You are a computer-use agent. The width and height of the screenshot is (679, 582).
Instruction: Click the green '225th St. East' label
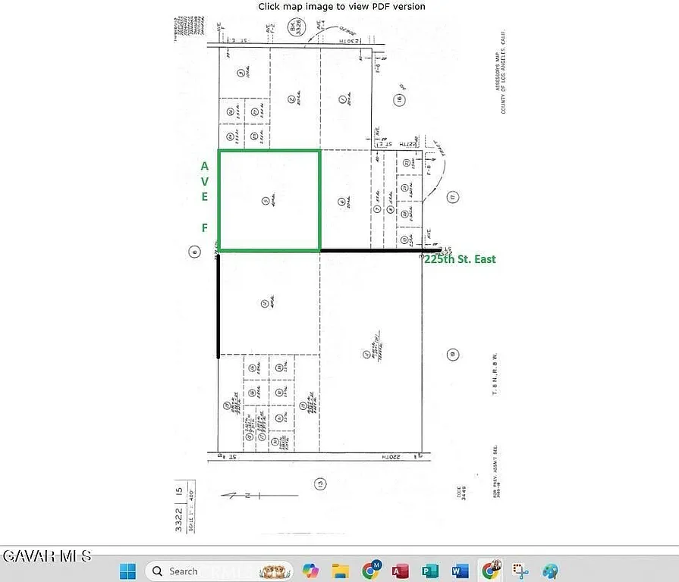tap(460, 259)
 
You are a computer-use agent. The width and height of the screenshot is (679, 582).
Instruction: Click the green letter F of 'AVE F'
tap(204, 227)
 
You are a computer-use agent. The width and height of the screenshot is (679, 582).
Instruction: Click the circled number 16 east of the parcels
tap(398, 99)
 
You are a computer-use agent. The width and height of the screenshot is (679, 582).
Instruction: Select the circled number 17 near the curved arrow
tap(453, 198)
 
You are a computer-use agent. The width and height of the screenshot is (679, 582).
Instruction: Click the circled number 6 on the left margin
tap(195, 253)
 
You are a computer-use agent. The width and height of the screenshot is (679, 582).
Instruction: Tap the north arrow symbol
tap(241, 495)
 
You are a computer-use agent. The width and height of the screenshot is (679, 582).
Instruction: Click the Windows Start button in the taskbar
tap(127, 570)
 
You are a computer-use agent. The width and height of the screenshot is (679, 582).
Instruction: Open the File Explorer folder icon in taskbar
tap(341, 571)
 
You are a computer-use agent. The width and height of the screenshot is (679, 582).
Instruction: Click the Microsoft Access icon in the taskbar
tap(401, 571)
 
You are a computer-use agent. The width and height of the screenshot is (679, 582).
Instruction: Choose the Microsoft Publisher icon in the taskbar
tap(430, 571)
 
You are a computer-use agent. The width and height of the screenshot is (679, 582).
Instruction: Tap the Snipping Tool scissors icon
tap(520, 571)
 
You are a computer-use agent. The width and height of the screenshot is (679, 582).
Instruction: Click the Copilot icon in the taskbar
tap(311, 571)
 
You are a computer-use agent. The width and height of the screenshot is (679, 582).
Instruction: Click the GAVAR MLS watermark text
tap(46, 556)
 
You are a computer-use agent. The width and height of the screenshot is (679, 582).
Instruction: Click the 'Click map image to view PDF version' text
tap(341, 6)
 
